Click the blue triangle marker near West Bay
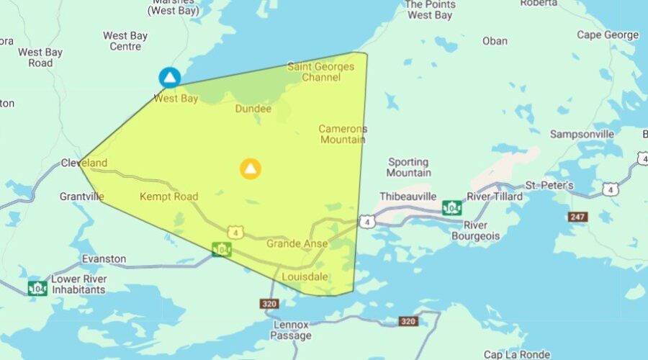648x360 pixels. coord(169,77)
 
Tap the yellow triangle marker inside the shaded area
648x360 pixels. coord(250,169)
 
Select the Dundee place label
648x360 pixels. coord(253,109)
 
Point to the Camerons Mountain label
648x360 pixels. coord(343,134)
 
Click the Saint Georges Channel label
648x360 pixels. coord(321,72)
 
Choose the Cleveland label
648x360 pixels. coord(84,163)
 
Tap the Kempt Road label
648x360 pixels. coord(168,196)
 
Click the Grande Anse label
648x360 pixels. coord(297,243)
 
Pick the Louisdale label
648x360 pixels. coord(305,276)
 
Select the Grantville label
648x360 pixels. coord(82,196)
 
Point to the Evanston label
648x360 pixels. coord(104,258)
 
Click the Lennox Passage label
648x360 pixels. coord(292,330)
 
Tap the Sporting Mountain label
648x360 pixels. coord(409,167)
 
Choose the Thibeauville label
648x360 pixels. coord(409,196)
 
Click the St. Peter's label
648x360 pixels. coord(549,185)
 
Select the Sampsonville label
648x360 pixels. coord(582,134)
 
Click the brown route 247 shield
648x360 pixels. coord(577,216)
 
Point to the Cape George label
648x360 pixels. coord(608,35)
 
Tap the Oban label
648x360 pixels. coord(495,40)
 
